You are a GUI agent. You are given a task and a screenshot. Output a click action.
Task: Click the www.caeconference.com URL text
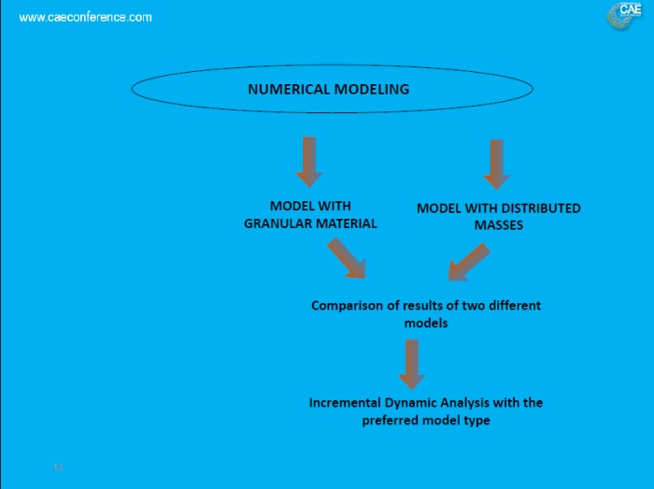coord(85,17)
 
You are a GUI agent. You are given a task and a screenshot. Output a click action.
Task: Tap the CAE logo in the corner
coord(624,15)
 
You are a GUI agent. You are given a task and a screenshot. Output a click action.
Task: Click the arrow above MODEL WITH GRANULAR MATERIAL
coord(308,161)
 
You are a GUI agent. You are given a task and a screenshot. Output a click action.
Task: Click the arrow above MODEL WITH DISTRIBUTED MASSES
coord(496,164)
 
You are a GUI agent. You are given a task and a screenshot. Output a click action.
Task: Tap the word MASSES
coord(498,225)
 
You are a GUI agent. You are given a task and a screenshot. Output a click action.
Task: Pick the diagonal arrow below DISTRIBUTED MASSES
coord(468,262)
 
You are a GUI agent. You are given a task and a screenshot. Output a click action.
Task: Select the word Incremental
coord(345,403)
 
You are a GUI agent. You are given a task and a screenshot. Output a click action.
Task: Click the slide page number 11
coord(58,466)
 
